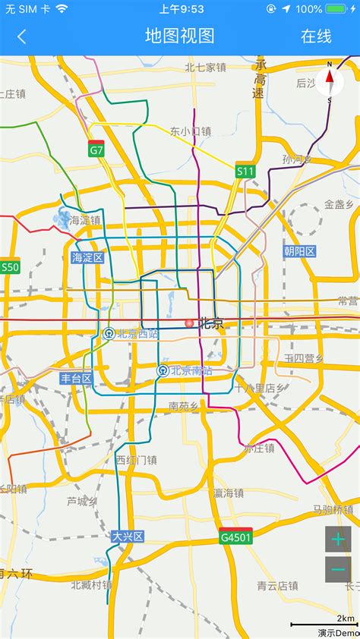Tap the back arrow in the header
click(21, 36)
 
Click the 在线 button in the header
click(316, 36)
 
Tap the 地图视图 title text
click(180, 36)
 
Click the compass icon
click(330, 81)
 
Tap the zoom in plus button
click(338, 539)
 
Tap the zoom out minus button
click(338, 569)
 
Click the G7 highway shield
click(96, 149)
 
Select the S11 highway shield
click(245, 171)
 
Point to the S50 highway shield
click(10, 266)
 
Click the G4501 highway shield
click(235, 536)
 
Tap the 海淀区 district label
click(87, 257)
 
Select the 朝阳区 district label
click(299, 251)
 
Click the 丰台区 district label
click(76, 378)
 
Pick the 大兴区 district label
click(128, 536)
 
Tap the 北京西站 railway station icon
click(109, 333)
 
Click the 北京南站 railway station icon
click(163, 370)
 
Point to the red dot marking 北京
click(189, 323)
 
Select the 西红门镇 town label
click(136, 460)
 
